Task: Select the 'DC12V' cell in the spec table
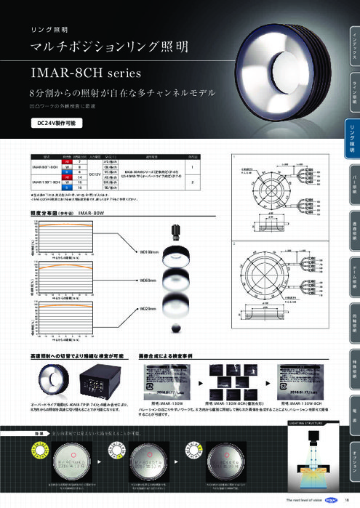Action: (x=95, y=174)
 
